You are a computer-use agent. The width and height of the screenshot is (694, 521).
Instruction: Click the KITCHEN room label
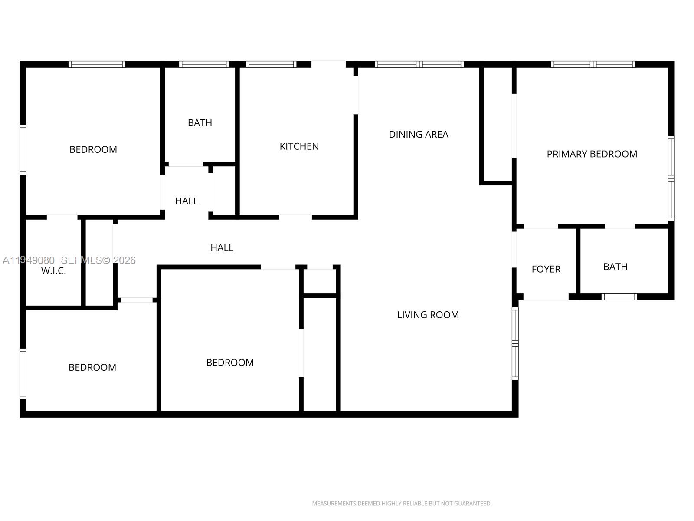point(299,146)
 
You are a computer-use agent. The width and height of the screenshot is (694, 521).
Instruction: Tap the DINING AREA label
point(418,135)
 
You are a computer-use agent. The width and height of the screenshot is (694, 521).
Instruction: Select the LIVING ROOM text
point(428,315)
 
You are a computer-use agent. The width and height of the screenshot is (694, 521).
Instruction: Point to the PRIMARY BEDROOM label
point(592,154)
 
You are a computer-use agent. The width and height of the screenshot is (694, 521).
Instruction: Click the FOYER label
point(546,269)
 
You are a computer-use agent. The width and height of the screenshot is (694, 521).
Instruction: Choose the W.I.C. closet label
point(53,271)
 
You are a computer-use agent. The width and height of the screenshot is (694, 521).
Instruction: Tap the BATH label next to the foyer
point(615,267)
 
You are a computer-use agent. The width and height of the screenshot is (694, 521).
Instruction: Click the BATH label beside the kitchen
point(200,123)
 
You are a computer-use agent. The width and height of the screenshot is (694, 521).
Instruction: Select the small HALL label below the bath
point(187,201)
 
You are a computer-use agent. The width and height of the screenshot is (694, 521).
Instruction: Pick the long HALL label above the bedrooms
point(222,247)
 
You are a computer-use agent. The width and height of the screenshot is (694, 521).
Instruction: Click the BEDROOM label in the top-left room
point(93,149)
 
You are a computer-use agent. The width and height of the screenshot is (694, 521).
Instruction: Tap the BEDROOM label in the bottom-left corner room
point(92,367)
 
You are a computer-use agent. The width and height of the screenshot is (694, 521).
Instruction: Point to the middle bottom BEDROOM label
point(229,363)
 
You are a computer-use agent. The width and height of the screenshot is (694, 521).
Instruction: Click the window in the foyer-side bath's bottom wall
point(619,297)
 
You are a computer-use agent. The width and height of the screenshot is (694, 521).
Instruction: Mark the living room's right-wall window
point(515,343)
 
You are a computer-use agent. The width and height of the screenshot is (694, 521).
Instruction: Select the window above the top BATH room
point(204,64)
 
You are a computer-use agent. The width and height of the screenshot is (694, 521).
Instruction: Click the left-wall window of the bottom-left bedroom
point(23,373)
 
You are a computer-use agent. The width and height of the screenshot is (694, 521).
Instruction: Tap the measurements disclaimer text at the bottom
point(402,504)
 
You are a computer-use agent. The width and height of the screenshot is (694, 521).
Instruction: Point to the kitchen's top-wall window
point(271,64)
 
